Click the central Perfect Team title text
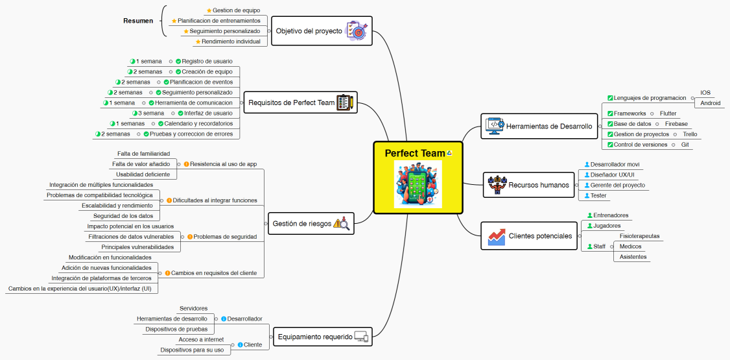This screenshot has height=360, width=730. pyautogui.click(x=415, y=152)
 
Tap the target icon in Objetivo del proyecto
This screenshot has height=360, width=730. pyautogui.click(x=357, y=30)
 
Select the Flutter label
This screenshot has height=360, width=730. pyautogui.click(x=668, y=113)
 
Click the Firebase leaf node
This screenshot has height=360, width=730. pyautogui.click(x=676, y=124)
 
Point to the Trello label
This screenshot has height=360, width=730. pyautogui.click(x=690, y=134)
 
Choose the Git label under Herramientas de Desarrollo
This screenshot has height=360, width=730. pyautogui.click(x=685, y=145)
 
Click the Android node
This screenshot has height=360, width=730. pyautogui.click(x=711, y=103)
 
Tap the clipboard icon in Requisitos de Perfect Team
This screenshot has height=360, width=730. pyautogui.click(x=344, y=102)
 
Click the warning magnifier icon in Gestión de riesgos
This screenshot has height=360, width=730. pyautogui.click(x=341, y=224)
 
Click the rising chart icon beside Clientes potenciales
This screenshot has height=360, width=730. pyautogui.click(x=497, y=237)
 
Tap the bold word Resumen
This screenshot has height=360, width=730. pyautogui.click(x=138, y=21)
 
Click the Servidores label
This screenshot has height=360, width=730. pyautogui.click(x=193, y=308)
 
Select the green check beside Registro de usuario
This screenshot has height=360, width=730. pyautogui.click(x=178, y=61)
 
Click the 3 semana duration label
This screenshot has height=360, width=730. pyautogui.click(x=148, y=113)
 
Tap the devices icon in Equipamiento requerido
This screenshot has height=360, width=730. pyautogui.click(x=361, y=337)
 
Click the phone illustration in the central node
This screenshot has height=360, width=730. pyautogui.click(x=418, y=184)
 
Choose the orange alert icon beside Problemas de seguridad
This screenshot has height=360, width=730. pyautogui.click(x=190, y=237)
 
